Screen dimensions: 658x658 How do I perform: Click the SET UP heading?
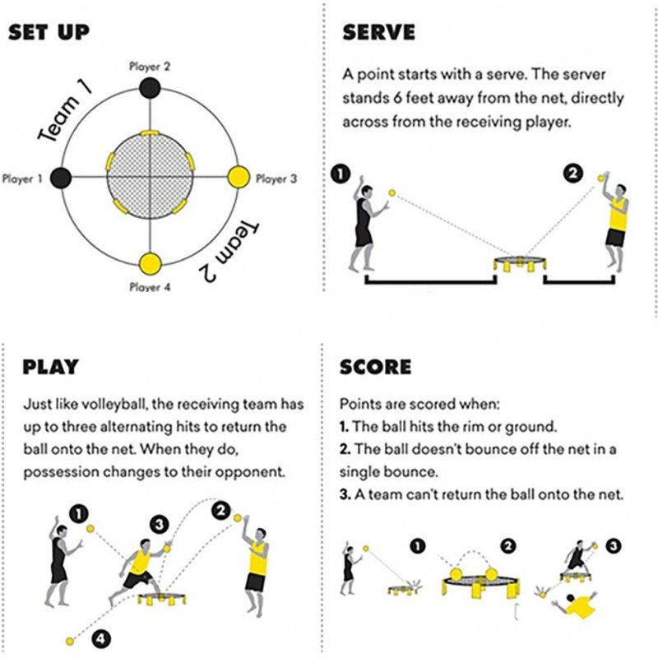49,33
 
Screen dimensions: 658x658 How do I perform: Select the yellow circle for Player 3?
239,176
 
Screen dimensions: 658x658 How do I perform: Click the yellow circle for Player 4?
150,265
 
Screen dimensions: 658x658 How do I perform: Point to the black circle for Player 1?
61,176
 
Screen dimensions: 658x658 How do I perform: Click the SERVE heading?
378,33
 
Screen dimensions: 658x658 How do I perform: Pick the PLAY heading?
50,366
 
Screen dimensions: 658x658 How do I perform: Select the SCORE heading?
376,366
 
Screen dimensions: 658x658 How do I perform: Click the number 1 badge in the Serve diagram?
342,174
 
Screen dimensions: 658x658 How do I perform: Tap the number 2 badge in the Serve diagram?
572,174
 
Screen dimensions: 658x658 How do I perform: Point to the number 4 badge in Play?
100,637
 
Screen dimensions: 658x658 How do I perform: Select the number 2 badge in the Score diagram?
508,544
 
